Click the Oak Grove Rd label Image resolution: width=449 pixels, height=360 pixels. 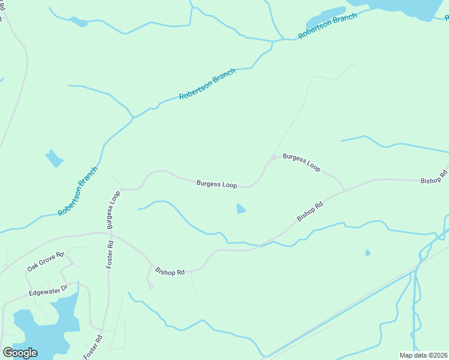45,261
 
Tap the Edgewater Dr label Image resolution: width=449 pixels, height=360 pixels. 49,292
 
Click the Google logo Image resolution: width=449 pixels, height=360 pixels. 20,352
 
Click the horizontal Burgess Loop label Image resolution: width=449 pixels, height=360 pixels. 217,184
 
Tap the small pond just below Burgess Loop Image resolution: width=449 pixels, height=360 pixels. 241,209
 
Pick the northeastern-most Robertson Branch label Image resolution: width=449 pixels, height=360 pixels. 327,26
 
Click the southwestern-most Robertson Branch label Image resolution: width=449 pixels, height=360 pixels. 78,191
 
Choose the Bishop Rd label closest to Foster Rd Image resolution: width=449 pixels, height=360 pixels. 170,272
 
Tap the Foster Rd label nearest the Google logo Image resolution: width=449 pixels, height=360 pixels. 94,346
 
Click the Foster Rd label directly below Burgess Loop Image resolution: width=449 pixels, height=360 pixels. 110,254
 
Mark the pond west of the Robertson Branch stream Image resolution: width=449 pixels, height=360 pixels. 54,158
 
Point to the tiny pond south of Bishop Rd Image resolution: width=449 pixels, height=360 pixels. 368,253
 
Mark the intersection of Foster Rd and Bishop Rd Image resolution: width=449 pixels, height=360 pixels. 112,233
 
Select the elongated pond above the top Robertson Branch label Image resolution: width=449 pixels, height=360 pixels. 325,14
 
